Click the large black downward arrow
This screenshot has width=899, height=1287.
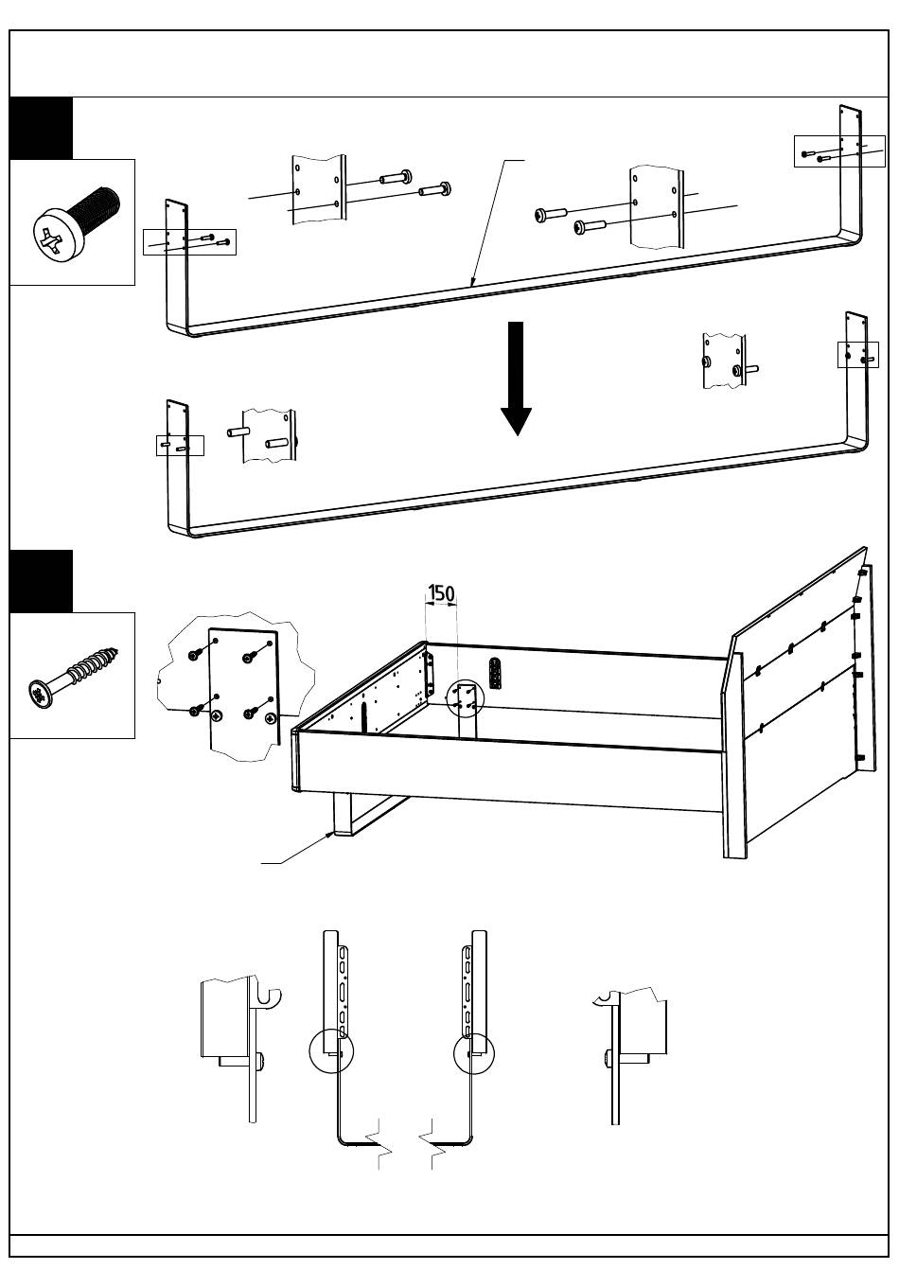click(x=516, y=379)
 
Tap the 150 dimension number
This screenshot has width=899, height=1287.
click(x=441, y=593)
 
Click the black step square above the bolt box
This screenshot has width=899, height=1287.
click(x=41, y=128)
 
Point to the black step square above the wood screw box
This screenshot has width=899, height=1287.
click(x=41, y=581)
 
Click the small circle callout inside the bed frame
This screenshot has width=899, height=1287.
click(x=465, y=697)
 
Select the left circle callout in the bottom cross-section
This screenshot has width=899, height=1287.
click(x=331, y=1050)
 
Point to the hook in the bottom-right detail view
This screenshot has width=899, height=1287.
click(x=604, y=999)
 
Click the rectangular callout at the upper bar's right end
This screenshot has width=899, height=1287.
click(x=839, y=151)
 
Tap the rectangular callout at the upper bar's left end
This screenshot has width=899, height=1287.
click(x=189, y=242)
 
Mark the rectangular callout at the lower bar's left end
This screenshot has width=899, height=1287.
click(x=180, y=446)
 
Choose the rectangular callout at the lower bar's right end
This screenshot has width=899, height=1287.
click(x=857, y=355)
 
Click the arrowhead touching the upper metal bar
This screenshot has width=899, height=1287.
click(x=472, y=281)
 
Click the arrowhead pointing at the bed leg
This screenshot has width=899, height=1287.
click(x=328, y=835)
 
